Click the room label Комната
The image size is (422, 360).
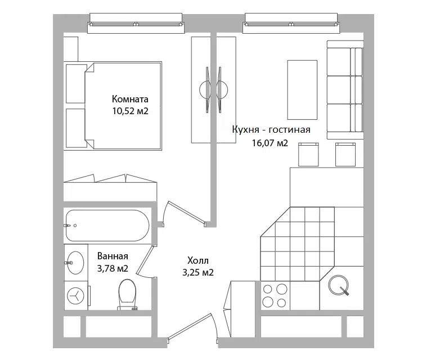(130, 100)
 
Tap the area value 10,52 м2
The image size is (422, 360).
(131, 111)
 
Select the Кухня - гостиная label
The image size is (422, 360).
(271, 130)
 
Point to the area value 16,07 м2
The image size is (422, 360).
(270, 143)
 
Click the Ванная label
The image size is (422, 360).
(113, 256)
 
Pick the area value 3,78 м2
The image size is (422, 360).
(113, 268)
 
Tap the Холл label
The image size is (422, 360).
(198, 260)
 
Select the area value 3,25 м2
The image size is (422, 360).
(198, 273)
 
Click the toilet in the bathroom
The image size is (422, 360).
(127, 295)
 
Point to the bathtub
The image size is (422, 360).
(107, 226)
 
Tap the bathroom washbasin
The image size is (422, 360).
(75, 263)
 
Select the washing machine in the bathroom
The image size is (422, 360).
(77, 296)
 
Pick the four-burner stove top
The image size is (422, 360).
(275, 295)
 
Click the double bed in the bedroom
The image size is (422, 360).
(123, 106)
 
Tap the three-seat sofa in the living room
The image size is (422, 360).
(345, 90)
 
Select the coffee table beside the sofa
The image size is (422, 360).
(302, 89)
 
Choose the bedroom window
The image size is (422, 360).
(136, 24)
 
